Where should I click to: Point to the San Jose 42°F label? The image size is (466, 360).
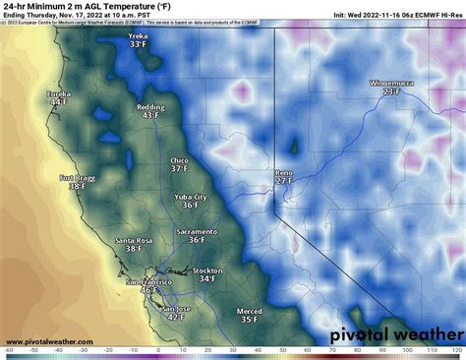tap(175, 312)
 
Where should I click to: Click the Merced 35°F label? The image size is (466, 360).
tap(250, 315)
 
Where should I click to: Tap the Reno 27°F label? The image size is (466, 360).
tap(284, 176)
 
